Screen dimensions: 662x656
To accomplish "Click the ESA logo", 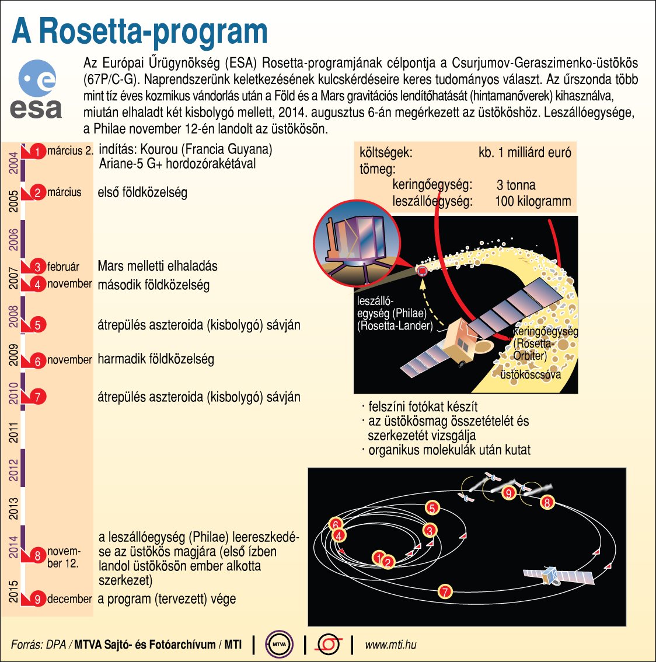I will click(x=36, y=90).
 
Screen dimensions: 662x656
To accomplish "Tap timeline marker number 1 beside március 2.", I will click(x=37, y=152).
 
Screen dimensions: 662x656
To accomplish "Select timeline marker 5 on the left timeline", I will click(x=37, y=325).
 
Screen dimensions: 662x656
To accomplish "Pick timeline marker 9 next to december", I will click(x=37, y=599).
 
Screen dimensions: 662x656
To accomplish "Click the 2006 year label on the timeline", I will click(x=14, y=239).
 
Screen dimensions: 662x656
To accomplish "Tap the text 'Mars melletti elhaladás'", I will click(x=158, y=267).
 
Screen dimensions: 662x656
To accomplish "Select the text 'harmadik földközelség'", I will click(x=156, y=359).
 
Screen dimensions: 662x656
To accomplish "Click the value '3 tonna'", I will click(x=516, y=185).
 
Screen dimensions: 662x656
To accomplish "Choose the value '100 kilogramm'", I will click(x=532, y=202).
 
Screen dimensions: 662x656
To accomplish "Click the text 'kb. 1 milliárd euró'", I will click(x=525, y=153).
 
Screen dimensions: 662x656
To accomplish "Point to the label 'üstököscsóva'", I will click(x=531, y=374).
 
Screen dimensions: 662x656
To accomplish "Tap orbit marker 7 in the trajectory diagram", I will click(x=445, y=591).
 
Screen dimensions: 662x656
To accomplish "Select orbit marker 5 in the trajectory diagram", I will click(x=432, y=508).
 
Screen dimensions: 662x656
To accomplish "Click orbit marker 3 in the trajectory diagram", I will click(x=430, y=530).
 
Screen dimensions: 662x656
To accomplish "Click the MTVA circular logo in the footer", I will click(x=279, y=645).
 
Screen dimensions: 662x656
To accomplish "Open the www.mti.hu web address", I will click(x=390, y=645).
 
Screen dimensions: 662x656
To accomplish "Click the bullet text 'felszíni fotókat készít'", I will click(x=423, y=407).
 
